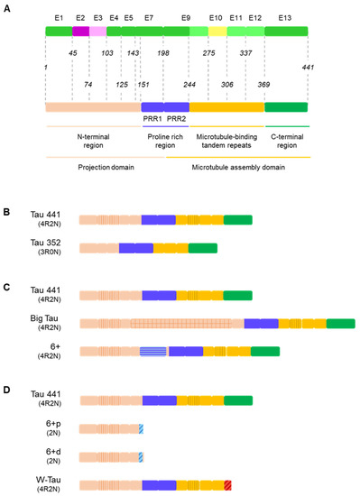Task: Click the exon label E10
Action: (x=216, y=18)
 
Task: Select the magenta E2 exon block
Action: (x=80, y=32)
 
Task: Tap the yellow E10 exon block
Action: (x=217, y=32)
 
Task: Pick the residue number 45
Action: (x=73, y=53)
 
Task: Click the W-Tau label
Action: (x=40, y=481)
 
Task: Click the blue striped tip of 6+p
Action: (x=141, y=427)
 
